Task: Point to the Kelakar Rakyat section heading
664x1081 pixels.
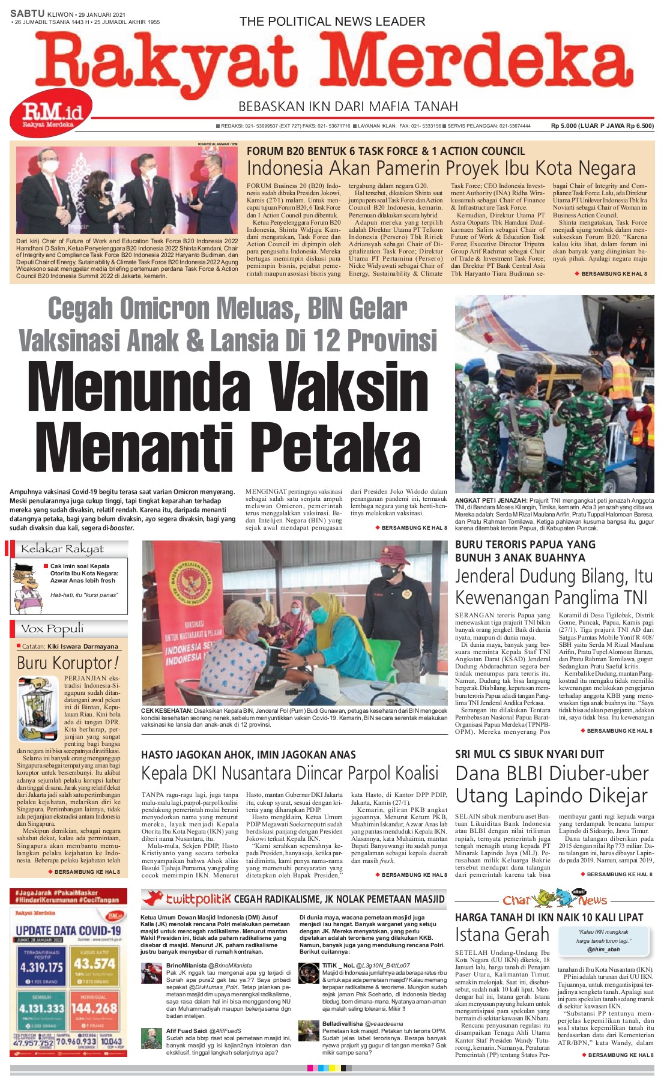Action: click(x=62, y=549)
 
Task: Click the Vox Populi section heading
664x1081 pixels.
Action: click(x=52, y=629)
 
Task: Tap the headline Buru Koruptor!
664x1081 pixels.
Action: click(x=67, y=663)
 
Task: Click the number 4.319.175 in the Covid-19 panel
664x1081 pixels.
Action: click(x=41, y=967)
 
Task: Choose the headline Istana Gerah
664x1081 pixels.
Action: click(x=502, y=935)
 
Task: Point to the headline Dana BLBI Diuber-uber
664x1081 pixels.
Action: click(x=552, y=774)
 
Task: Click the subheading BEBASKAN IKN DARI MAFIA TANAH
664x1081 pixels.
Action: click(x=348, y=107)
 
